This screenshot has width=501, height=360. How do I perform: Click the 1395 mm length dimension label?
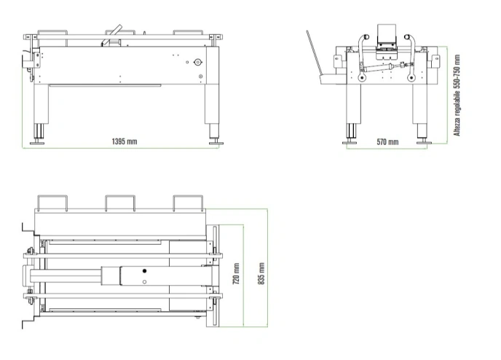(125, 141)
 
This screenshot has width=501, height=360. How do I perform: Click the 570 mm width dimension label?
(387, 141)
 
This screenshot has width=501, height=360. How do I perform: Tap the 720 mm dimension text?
(236, 274)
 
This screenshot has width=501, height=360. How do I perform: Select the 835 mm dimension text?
(261, 274)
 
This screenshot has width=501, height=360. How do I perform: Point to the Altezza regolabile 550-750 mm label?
(457, 95)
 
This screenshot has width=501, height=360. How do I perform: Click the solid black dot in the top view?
(144, 271)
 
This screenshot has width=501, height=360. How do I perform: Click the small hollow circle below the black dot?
(144, 282)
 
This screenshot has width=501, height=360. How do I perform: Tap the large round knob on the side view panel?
(198, 62)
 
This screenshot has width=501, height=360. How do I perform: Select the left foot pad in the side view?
(37, 143)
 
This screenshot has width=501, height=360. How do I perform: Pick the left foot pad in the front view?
(350, 142)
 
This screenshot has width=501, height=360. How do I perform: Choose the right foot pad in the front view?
(424, 142)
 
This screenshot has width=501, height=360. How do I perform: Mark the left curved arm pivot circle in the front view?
(362, 78)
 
